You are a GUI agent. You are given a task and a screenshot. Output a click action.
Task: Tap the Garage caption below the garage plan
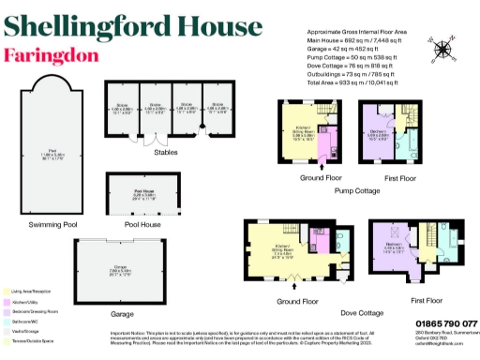pyautogui.click(x=122, y=313)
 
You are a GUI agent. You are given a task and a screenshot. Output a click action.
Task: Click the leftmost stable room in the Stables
pyautogui.click(x=121, y=108)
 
